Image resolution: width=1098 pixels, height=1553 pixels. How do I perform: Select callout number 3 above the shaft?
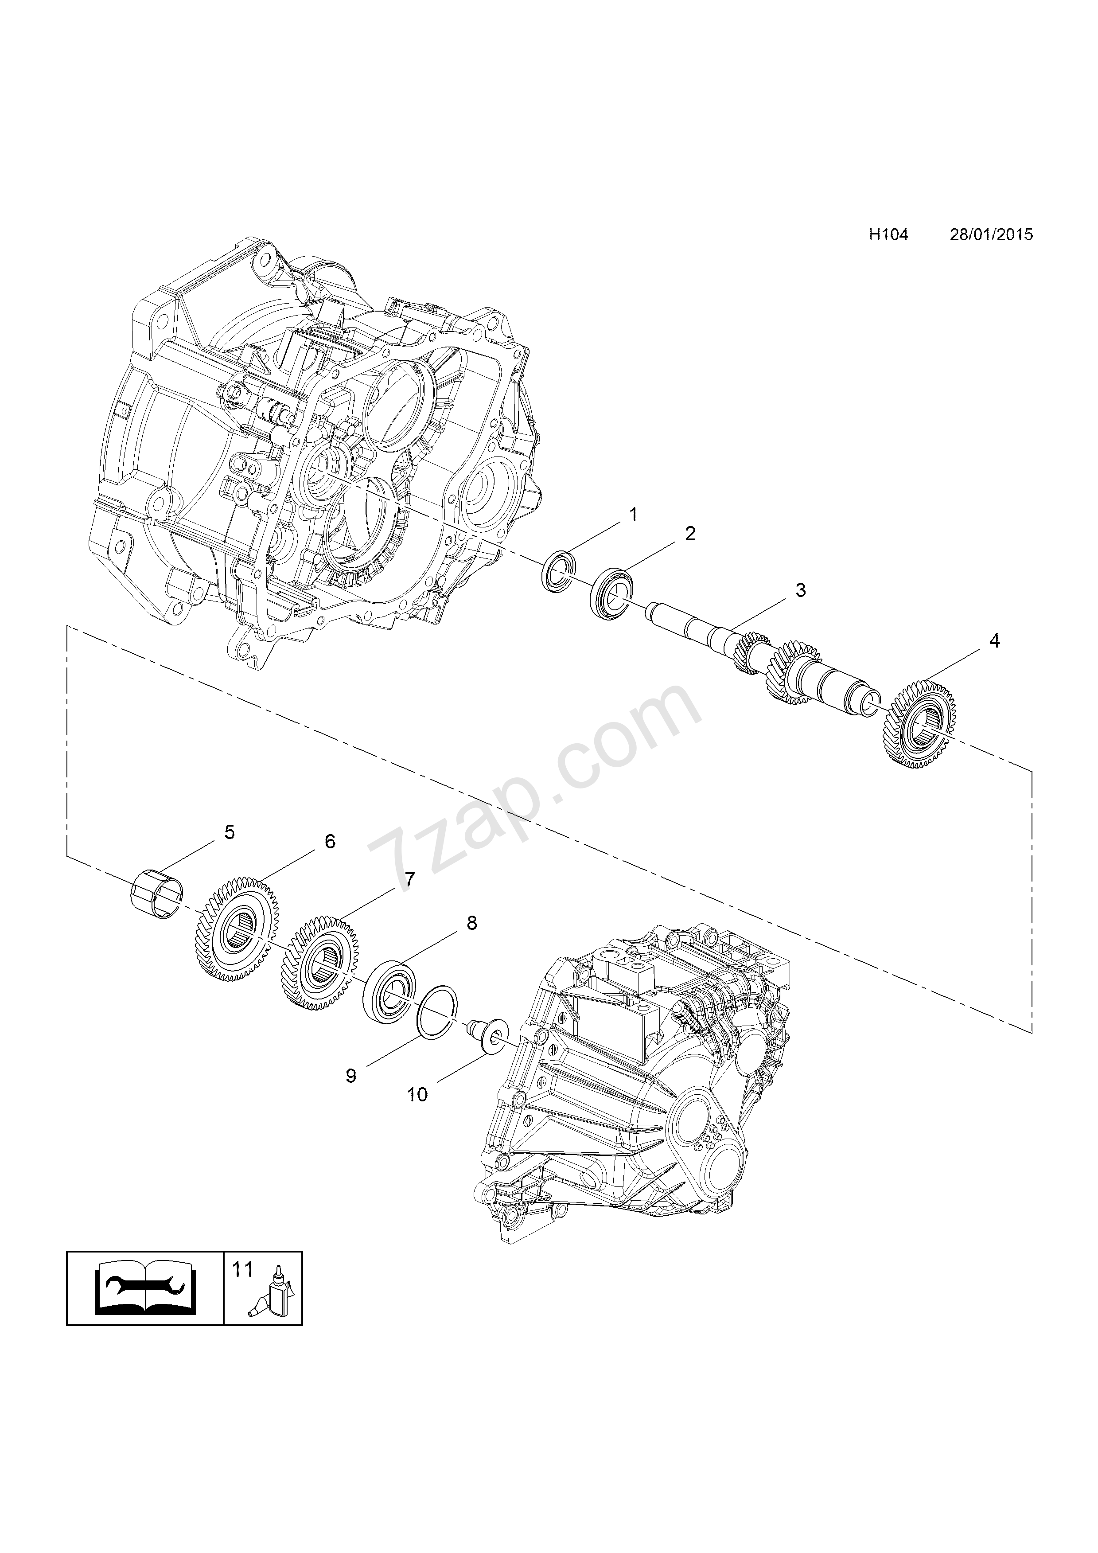click(x=801, y=590)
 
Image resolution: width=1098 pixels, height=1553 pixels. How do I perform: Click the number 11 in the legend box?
click(x=242, y=1270)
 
